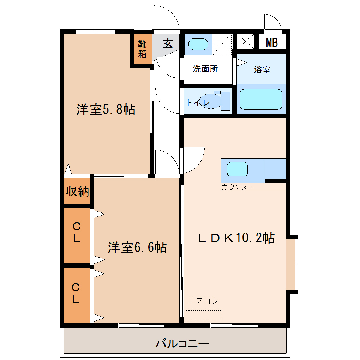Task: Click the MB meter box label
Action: click(272, 43)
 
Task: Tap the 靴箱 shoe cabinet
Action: click(143, 49)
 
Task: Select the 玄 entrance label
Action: click(168, 44)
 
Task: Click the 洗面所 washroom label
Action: click(205, 69)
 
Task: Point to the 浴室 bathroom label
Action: click(262, 70)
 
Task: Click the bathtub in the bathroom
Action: click(261, 99)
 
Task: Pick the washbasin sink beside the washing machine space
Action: click(198, 44)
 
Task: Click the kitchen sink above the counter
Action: click(237, 169)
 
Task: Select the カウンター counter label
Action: click(238, 187)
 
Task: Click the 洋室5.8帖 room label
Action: click(106, 109)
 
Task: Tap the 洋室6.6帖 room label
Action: click(137, 247)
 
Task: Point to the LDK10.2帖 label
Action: click(236, 238)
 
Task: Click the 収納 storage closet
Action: click(77, 191)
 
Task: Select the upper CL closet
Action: click(77, 235)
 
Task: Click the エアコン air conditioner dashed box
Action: click(203, 315)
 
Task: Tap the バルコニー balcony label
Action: click(182, 344)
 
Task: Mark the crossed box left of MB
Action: click(245, 42)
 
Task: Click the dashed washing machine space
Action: click(222, 44)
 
